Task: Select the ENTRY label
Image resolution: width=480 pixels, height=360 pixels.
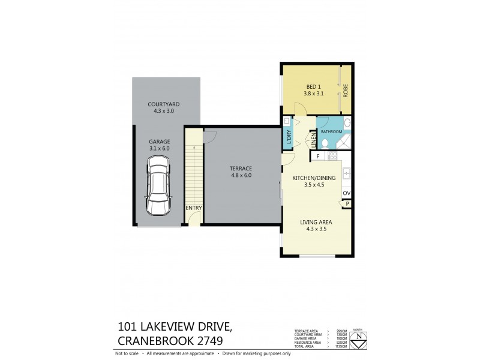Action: click(193, 208)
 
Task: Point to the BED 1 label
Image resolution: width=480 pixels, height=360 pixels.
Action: click(308, 86)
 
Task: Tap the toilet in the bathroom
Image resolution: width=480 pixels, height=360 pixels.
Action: click(324, 143)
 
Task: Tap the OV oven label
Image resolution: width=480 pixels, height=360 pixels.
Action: click(346, 193)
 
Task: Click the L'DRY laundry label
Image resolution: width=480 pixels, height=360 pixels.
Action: click(289, 137)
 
